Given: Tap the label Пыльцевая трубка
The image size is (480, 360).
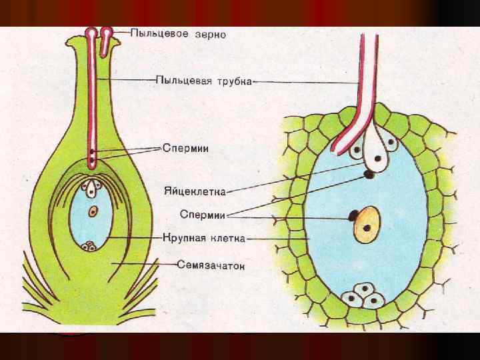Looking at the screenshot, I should click(204, 81).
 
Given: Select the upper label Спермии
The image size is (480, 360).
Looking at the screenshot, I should click(187, 148).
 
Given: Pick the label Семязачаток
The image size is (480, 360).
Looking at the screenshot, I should click(211, 265).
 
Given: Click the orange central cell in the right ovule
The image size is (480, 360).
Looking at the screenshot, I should click(366, 223).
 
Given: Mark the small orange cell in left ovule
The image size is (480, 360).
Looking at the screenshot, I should click(93, 211).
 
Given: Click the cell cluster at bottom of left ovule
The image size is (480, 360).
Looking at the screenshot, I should click(89, 246).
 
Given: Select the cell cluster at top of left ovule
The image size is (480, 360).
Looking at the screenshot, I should click(92, 186).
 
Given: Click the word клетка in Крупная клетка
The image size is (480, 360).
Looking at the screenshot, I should click(230, 237).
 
